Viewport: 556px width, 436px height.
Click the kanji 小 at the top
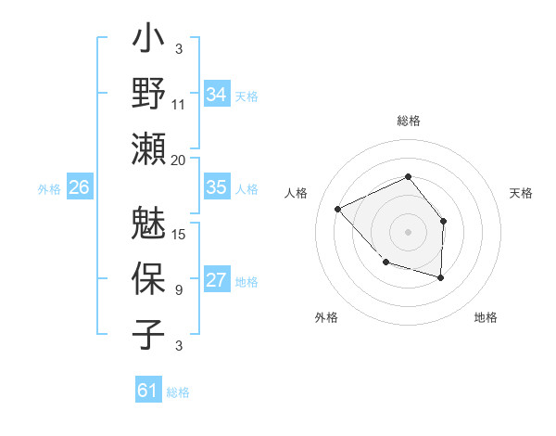click(x=149, y=43)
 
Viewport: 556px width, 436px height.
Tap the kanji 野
click(x=149, y=94)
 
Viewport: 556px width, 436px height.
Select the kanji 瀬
click(x=149, y=148)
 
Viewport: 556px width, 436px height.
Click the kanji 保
click(x=149, y=279)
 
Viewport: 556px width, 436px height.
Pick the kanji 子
click(x=149, y=334)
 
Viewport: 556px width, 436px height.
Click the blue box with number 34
click(x=216, y=94)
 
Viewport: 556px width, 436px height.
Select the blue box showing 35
click(x=216, y=187)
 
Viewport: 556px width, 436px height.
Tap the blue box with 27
click(x=216, y=280)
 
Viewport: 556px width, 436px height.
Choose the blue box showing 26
click(x=79, y=187)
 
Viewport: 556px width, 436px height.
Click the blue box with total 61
click(x=147, y=391)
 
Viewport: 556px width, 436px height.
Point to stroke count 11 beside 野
click(x=179, y=105)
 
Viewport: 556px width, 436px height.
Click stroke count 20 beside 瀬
click(x=179, y=160)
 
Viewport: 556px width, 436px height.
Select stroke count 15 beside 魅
click(x=179, y=235)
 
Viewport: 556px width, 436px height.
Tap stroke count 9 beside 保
click(x=179, y=290)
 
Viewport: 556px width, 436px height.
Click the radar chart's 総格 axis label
click(x=408, y=121)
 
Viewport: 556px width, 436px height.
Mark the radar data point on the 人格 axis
click(x=338, y=210)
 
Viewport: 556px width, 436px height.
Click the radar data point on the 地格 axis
click(x=440, y=277)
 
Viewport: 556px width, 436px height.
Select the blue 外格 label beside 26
click(x=49, y=188)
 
